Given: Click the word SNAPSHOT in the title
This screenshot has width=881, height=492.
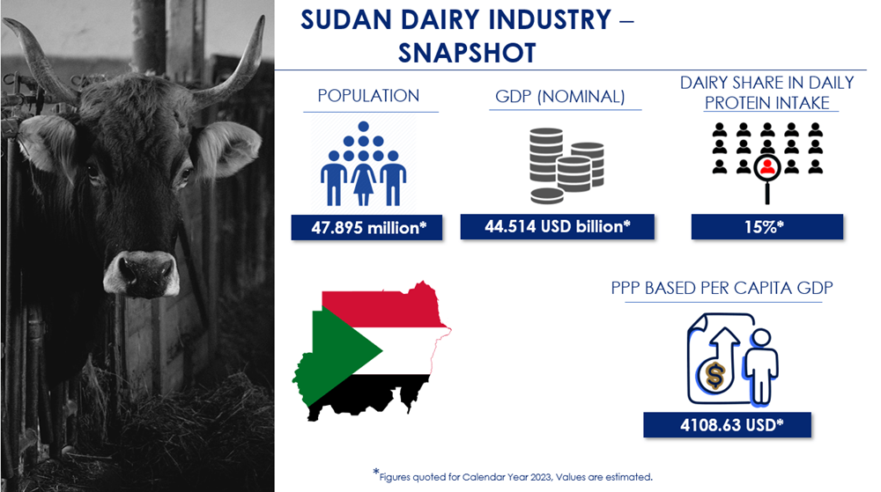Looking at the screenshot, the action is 467,54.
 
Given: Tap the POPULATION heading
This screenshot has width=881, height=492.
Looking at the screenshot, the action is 368,96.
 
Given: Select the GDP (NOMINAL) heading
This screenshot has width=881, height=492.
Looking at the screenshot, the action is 560,97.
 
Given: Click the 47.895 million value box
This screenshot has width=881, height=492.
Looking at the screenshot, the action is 366,228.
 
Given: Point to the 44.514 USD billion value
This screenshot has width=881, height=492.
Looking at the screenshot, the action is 558,227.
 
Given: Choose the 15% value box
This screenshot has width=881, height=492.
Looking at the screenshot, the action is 767,227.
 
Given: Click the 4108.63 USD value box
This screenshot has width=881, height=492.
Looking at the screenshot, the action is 727,425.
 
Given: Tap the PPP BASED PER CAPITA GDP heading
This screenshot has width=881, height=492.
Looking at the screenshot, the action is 722,288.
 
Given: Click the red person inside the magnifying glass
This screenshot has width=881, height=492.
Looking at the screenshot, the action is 767,166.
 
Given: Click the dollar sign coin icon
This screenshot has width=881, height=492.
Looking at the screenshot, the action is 714,375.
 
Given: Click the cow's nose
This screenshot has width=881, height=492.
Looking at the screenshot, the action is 141,274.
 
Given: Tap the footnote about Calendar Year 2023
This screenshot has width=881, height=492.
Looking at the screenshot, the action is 513,476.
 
